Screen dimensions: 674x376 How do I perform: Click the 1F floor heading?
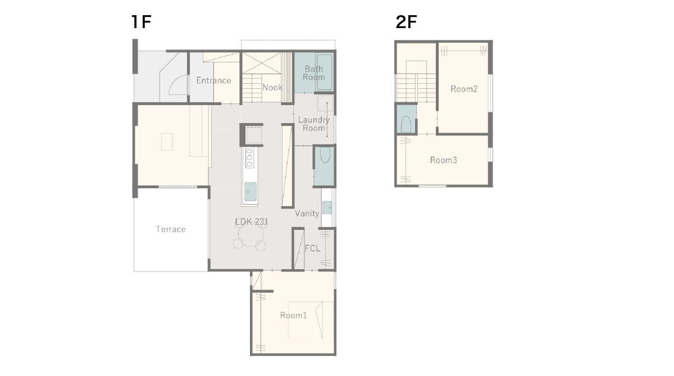click(141, 22)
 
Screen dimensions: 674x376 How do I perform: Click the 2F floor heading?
click(406, 22)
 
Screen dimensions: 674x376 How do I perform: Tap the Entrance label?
click(213, 80)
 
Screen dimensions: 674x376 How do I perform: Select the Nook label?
click(272, 87)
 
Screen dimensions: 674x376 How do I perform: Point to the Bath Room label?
click(314, 73)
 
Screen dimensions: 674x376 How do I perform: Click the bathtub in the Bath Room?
click(325, 72)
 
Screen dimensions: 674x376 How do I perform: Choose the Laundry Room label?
click(314, 124)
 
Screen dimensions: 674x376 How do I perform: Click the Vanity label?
click(307, 214)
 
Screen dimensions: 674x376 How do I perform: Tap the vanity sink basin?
click(327, 207)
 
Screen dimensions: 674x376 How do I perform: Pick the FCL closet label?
click(313, 248)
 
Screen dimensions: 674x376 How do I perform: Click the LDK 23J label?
click(251, 222)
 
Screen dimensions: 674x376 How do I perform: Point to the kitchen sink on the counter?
click(251, 192)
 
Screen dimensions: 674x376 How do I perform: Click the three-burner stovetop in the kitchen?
click(249, 158)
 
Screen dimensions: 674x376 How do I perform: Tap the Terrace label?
click(171, 229)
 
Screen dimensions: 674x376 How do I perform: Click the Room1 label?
click(293, 315)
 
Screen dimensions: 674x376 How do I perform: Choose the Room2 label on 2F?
click(464, 89)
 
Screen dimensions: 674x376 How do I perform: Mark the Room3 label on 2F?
click(444, 160)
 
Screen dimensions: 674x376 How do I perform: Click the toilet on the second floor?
click(406, 124)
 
